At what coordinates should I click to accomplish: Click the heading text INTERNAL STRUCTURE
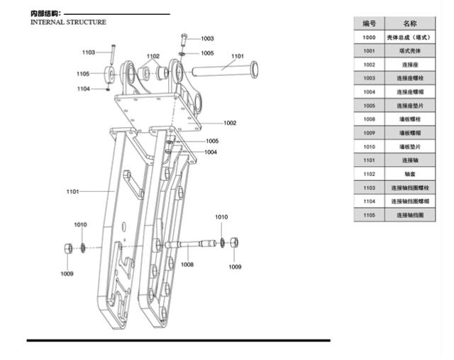[x=68, y=22]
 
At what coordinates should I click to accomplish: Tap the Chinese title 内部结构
[x=45, y=13]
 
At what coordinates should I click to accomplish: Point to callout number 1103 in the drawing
[x=88, y=52]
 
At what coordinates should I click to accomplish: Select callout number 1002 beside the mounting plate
[x=229, y=123]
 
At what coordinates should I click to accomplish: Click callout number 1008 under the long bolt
[x=187, y=264]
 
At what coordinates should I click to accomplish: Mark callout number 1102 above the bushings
[x=153, y=56]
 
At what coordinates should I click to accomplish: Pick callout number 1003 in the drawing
[x=207, y=38]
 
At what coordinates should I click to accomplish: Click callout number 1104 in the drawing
[x=84, y=89]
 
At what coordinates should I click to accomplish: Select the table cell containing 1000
[x=369, y=37]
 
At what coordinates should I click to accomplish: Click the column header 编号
[x=369, y=23]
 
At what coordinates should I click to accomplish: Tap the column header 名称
[x=409, y=23]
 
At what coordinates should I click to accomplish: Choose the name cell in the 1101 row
[x=409, y=160]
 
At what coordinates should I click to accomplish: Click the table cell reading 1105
[x=369, y=214]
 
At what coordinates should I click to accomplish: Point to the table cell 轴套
[x=409, y=174]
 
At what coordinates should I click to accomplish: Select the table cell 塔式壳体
[x=409, y=51]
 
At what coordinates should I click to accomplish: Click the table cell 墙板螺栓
[x=409, y=119]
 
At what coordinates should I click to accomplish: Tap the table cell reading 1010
[x=369, y=146]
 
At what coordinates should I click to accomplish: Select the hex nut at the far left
[x=67, y=249]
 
